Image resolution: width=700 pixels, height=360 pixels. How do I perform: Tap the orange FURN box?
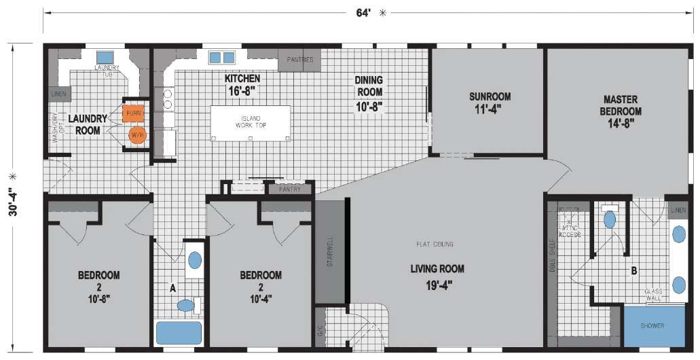coord(133,112)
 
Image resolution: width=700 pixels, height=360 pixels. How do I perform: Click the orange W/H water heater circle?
coord(137,134)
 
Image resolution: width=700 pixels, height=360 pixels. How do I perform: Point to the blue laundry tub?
coord(105,57)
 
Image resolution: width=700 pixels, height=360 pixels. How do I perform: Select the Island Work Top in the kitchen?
coord(250,122)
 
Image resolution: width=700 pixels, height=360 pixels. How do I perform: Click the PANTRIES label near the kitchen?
coord(299,60)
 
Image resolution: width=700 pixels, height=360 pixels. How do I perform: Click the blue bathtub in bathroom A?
coord(179,333)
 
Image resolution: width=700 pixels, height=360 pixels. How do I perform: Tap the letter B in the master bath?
coord(633,271)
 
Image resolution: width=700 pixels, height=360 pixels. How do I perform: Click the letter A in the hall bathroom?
coord(172,288)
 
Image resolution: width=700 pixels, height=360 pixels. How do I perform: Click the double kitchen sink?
coord(221,57)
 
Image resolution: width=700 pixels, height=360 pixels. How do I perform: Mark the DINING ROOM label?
coord(369,92)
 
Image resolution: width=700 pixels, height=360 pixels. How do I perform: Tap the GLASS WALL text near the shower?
coord(653,295)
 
